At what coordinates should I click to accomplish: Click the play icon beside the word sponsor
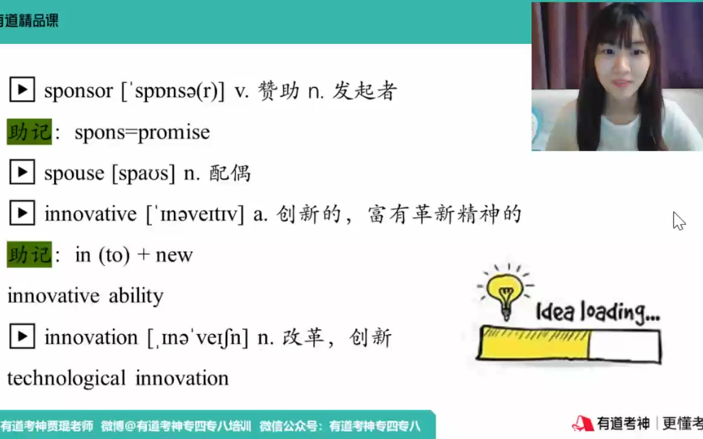[x=22, y=90]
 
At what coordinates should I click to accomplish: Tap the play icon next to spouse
[x=22, y=172]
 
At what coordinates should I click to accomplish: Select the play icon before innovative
[x=22, y=213]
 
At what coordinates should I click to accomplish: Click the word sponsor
[x=79, y=91]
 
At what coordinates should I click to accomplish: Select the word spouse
[x=74, y=174]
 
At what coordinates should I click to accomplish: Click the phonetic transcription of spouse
[x=143, y=174]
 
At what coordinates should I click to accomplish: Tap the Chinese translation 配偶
[x=230, y=173]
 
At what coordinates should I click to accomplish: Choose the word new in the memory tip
[x=174, y=256]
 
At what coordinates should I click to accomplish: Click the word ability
[x=136, y=296]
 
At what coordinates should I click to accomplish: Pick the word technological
[x=67, y=379]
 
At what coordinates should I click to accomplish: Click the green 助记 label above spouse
[x=29, y=132]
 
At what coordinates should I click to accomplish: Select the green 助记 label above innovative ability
[x=29, y=254]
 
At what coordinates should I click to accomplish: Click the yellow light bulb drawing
[x=505, y=292]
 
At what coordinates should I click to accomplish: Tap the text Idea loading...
[x=598, y=312]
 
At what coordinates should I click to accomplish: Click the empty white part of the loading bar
[x=624, y=345]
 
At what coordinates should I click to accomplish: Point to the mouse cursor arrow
[x=679, y=221]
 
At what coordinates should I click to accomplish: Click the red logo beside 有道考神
[x=582, y=423]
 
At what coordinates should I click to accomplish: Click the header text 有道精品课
[x=29, y=21]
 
